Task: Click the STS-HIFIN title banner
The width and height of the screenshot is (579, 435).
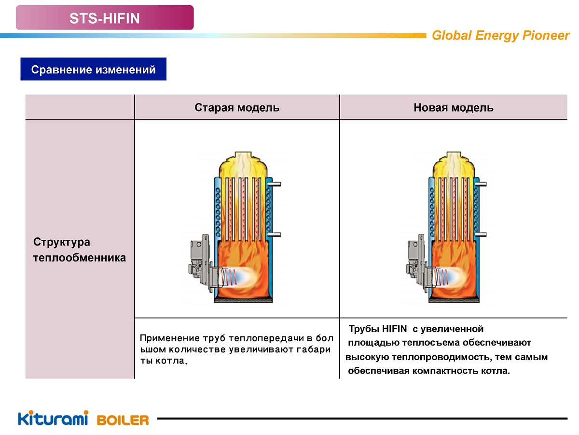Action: (x=105, y=18)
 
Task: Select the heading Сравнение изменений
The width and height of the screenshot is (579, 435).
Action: (x=93, y=70)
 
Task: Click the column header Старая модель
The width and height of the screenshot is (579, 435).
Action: (x=237, y=107)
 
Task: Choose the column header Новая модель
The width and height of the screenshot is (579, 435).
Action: (x=453, y=107)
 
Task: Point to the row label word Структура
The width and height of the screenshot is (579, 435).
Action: (x=61, y=242)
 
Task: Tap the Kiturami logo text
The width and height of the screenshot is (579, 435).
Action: (x=53, y=419)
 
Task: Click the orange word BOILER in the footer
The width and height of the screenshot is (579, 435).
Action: (x=123, y=420)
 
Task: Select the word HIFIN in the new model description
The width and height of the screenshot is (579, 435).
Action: (x=394, y=330)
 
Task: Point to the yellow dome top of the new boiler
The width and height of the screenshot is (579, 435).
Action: (x=454, y=164)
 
